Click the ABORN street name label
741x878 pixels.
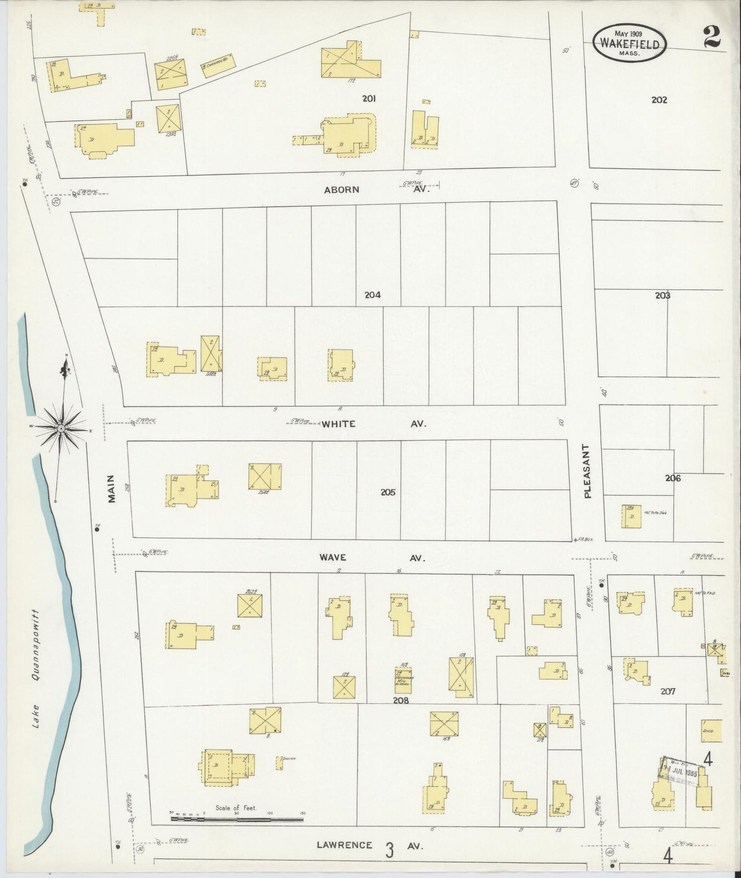tap(342, 190)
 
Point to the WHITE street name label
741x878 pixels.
tap(338, 424)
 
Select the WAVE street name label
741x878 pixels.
tap(333, 557)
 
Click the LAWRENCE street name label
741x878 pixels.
tap(344, 845)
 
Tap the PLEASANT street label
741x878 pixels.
tap(587, 471)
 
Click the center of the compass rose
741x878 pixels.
tap(61, 428)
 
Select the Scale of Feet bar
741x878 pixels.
tap(237, 820)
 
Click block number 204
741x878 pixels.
tap(372, 295)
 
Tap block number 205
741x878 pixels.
tap(388, 492)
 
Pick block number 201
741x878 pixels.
tap(369, 98)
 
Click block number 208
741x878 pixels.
tap(400, 700)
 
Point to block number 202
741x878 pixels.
tap(659, 100)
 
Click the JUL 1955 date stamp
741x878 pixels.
tap(679, 770)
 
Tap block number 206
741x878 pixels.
tap(673, 478)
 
